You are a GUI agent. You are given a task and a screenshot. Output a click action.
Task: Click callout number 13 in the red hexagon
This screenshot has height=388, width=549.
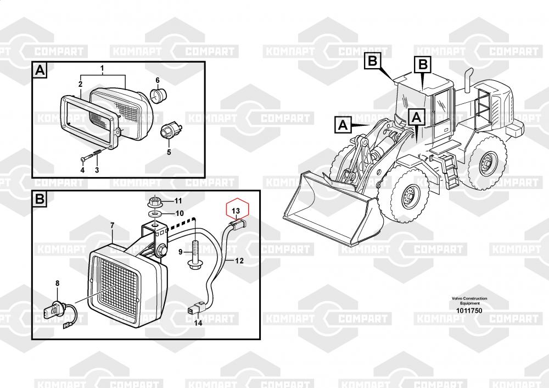tap(236, 210)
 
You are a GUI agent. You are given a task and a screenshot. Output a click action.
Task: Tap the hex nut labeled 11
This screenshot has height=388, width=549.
tap(154, 202)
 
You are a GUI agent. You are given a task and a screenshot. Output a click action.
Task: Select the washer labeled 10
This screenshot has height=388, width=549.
tap(154, 213)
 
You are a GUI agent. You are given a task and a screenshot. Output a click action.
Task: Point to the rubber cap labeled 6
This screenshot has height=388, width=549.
tap(158, 95)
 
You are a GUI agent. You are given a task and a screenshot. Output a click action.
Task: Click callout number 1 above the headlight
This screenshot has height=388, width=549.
tap(102, 68)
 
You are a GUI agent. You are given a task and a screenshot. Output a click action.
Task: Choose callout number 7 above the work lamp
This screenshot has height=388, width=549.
tap(112, 225)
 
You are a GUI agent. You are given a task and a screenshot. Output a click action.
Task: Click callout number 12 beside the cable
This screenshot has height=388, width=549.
tap(239, 260)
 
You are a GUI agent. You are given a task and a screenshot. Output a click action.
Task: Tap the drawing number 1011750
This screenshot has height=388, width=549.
tap(469, 311)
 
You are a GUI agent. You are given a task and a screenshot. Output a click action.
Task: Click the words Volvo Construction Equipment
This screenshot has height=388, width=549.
tap(469, 301)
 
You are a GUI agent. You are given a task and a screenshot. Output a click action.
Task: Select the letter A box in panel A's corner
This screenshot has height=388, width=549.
tap(40, 70)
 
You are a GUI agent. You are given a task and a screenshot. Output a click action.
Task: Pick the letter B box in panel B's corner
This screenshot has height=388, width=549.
tap(40, 199)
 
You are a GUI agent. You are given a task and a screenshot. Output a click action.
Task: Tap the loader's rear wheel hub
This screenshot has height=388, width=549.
tap(488, 164)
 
